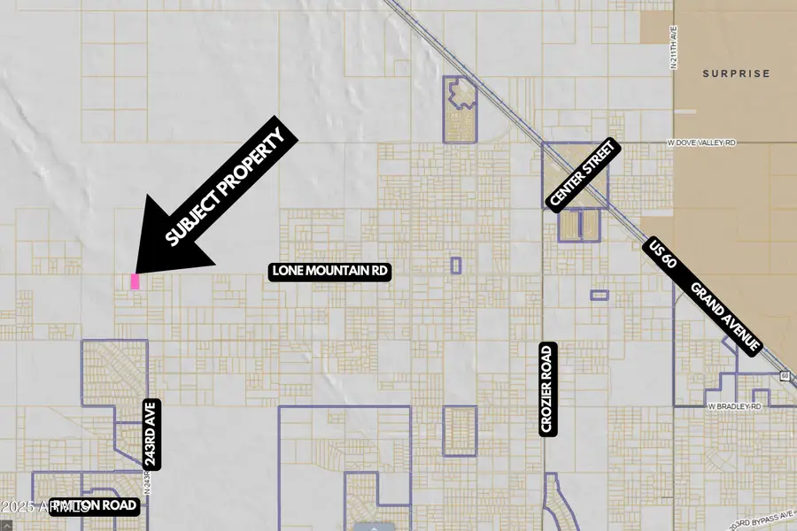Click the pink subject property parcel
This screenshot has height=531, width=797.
pos(135,281)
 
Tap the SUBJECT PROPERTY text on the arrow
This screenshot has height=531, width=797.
pos(229,188)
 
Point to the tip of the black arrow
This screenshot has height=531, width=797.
pos(135,271)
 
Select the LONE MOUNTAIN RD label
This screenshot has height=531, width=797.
pos(330,272)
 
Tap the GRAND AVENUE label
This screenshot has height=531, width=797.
pos(725,318)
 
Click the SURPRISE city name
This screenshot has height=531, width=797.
pos(737,73)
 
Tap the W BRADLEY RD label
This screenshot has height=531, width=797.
pos(734,406)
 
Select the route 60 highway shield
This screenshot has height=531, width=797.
pos(785,376)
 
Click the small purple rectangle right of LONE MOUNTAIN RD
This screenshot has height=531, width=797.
pos(456,265)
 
